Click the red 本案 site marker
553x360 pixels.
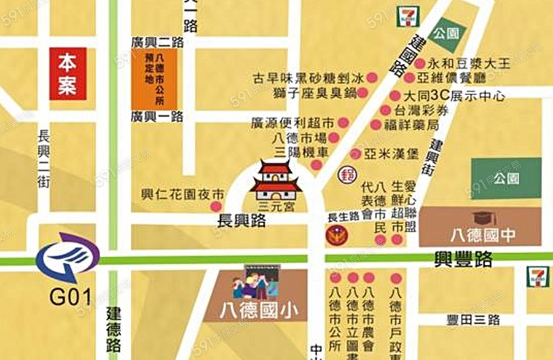[x=68, y=73]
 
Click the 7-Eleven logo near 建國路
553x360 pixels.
[x=406, y=17]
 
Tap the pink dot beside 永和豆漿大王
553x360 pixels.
[x=420, y=63]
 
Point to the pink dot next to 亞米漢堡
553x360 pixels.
[x=355, y=154]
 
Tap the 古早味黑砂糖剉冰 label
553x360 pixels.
[x=309, y=78]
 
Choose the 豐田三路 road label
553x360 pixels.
[x=473, y=320]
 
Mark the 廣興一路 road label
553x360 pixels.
[x=157, y=116]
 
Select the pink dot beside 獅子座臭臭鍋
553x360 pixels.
[x=363, y=93]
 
